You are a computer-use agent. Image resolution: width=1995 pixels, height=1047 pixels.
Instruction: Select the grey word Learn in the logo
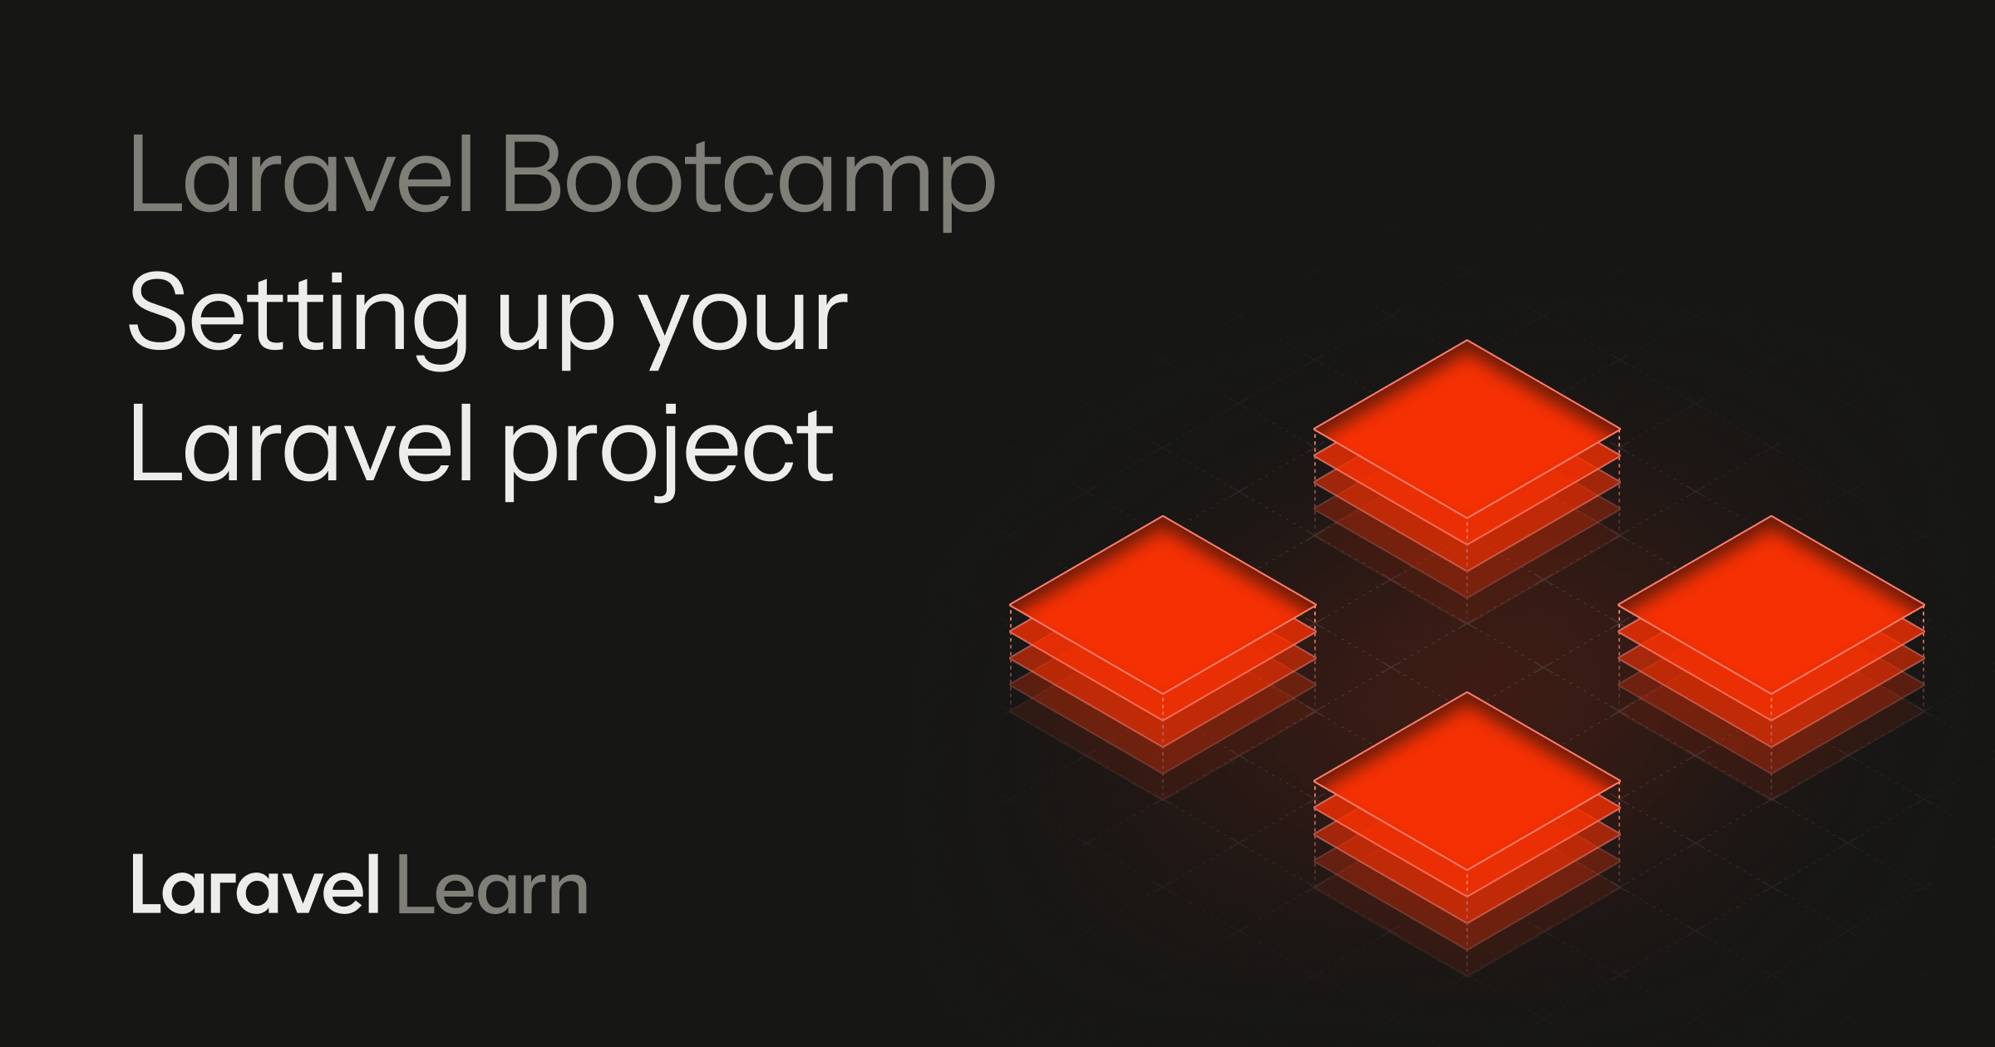(492, 887)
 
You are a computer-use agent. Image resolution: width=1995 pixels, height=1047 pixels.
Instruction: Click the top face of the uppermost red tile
(1466, 429)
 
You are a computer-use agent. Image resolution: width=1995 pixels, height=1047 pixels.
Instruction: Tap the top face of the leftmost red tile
(1162, 604)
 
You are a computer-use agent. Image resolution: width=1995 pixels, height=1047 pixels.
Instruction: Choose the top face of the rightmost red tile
(1771, 604)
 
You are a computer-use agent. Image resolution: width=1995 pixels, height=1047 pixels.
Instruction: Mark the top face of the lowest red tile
(1466, 780)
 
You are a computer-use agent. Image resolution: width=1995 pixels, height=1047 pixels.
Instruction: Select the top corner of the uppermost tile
(1467, 342)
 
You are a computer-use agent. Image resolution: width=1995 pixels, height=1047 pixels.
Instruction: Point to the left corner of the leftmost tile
(1012, 604)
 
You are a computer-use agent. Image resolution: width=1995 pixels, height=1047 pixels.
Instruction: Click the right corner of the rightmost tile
(1923, 604)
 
